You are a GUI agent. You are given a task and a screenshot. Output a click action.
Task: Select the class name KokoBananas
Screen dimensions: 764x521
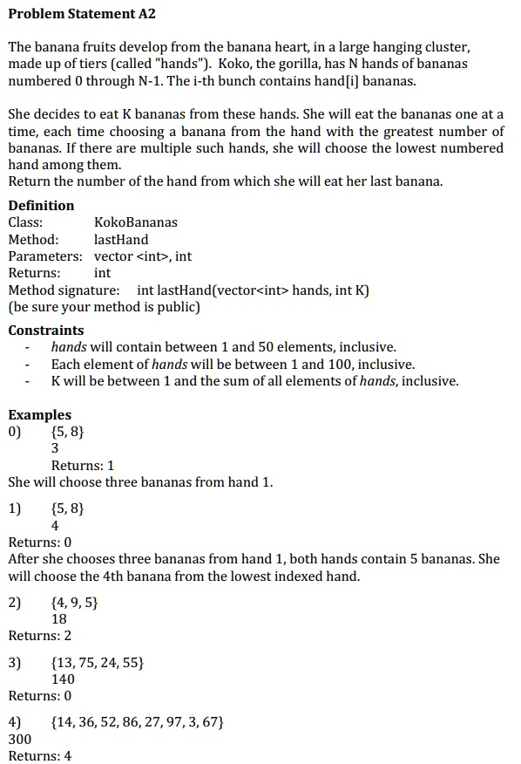pyautogui.click(x=135, y=222)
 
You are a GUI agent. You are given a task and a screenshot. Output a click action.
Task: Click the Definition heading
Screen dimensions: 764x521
pyautogui.click(x=41, y=206)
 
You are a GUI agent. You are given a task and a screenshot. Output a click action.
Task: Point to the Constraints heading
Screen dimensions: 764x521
pyautogui.click(x=46, y=331)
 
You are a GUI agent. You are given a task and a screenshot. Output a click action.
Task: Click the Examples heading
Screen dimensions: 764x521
pyautogui.click(x=39, y=415)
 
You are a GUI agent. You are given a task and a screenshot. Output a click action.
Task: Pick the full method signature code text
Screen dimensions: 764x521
pyautogui.click(x=253, y=290)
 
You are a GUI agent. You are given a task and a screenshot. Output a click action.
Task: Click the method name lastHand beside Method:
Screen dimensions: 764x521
pyautogui.click(x=121, y=240)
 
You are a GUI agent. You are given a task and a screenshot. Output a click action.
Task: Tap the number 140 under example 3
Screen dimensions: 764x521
pyautogui.click(x=63, y=679)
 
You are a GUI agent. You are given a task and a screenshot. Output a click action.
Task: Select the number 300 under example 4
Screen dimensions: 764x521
pyautogui.click(x=19, y=739)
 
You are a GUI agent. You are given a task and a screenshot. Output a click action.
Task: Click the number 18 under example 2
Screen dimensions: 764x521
pyautogui.click(x=59, y=618)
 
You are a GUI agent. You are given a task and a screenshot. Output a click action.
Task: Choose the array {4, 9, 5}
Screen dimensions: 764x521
pyautogui.click(x=74, y=602)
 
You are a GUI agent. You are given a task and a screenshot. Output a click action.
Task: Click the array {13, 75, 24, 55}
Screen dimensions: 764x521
pyautogui.click(x=98, y=663)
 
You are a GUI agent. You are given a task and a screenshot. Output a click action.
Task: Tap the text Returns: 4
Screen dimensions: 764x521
pyautogui.click(x=40, y=755)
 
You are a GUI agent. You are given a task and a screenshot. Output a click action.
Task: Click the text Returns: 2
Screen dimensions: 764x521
pyautogui.click(x=40, y=636)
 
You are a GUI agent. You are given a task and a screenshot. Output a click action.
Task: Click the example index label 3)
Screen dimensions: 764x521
pyautogui.click(x=16, y=663)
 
